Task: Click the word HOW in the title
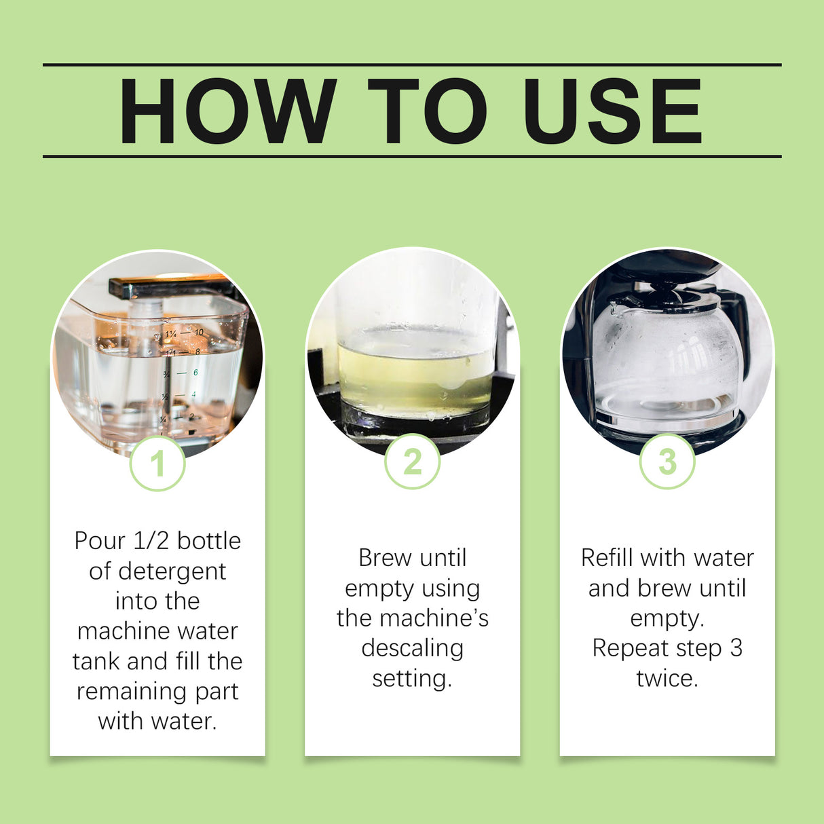pos(227,112)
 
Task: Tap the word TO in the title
pos(427,112)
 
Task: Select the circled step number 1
pos(157,464)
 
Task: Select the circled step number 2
pos(412,462)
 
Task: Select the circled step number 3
pos(667,462)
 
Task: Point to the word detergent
pos(172,572)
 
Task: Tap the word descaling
pos(412,648)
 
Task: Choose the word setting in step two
pos(411,678)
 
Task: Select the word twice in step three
pos(667,678)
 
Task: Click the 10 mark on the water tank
pos(199,333)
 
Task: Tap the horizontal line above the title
pos(412,65)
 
